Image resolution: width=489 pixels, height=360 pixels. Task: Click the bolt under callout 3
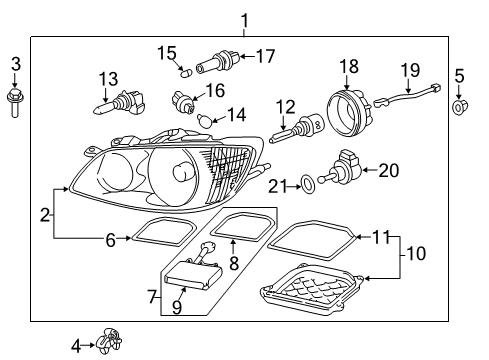point(15,102)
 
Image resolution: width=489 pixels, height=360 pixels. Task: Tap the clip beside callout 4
point(108,341)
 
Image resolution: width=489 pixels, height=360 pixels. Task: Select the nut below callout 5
point(459,107)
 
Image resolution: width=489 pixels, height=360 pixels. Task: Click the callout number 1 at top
point(245,21)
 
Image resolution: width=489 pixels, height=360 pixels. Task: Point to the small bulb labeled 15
point(186,73)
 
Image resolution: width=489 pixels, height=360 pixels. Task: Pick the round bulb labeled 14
point(203,119)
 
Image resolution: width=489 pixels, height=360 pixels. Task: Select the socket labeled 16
point(183,102)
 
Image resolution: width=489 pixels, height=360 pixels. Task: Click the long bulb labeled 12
point(297,130)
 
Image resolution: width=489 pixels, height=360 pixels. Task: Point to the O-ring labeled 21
point(308,185)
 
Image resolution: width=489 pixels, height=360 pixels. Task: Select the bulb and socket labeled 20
point(340,168)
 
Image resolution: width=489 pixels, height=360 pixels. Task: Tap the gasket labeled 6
point(162,231)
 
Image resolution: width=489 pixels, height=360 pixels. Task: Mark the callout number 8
point(234,263)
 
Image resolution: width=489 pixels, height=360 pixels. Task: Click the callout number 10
point(416,253)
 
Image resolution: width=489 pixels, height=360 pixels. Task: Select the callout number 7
point(152,296)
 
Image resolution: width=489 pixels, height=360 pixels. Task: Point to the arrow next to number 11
point(363,237)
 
